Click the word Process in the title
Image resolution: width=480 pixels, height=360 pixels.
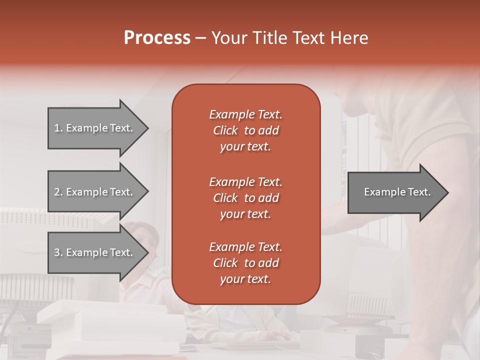157,38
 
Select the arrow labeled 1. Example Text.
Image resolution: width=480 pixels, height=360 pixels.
95,128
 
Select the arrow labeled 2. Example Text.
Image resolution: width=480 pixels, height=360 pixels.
95,192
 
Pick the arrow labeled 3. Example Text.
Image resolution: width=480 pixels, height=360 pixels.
95,252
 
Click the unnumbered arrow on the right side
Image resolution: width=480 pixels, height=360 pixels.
395,192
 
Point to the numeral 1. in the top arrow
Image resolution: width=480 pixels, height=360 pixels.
58,128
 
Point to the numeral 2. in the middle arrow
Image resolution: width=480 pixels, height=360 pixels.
58,192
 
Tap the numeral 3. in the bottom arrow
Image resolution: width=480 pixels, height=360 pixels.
58,252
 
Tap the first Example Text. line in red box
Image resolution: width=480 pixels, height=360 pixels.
245,114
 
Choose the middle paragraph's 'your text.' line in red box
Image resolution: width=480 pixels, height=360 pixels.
245,214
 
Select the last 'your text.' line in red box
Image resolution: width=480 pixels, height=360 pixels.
245,279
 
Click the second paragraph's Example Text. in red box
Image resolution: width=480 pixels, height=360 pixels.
245,181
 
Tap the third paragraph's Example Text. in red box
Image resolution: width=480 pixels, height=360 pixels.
245,247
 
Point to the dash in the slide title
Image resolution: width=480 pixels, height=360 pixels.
201,38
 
